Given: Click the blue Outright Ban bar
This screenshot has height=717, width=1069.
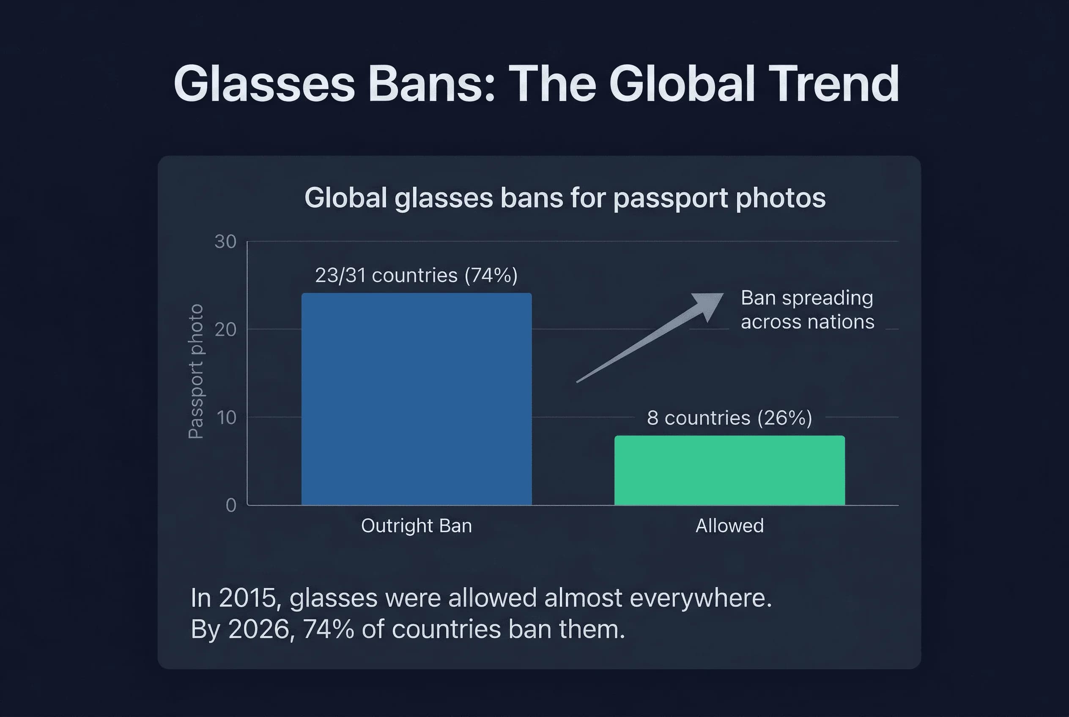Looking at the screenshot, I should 416,399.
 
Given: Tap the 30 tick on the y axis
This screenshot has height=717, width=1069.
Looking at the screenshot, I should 225,241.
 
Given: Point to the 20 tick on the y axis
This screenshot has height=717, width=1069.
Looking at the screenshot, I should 225,329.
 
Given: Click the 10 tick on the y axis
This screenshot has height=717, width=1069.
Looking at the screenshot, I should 225,417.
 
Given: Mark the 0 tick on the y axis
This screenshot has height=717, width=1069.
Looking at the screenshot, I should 231,505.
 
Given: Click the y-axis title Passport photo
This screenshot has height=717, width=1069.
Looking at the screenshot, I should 196,371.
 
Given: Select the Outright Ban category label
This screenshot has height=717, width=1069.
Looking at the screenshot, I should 416,525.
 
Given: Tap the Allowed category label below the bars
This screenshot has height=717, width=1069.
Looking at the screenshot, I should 729,525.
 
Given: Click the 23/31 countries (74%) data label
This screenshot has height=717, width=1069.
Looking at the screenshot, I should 416,275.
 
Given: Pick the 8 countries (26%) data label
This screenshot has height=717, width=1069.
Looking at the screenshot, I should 729,418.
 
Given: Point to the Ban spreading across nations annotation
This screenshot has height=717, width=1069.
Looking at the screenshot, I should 807,309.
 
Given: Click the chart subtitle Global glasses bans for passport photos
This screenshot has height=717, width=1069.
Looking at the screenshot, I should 565,198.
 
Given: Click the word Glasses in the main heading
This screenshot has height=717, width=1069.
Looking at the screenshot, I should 264,84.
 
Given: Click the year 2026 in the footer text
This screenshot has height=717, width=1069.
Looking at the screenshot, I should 258,629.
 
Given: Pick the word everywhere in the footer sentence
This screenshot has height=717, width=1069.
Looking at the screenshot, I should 700,598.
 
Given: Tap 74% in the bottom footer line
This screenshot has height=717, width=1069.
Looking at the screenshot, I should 328,629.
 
